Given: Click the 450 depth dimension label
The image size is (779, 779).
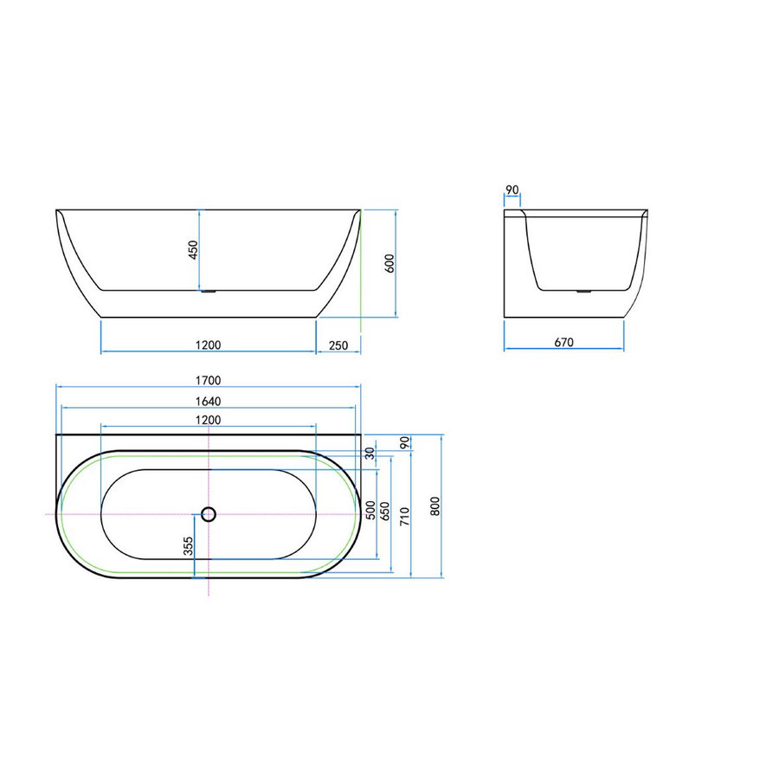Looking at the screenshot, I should coord(194,249).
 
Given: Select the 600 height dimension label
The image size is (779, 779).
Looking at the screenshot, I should coord(389,263).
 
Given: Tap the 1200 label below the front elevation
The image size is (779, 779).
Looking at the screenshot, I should coord(209,344).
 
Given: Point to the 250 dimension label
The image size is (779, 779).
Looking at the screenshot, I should coord(338,345).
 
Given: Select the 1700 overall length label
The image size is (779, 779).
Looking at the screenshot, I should coord(209,380).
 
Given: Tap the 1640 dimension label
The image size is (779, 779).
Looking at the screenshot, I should coord(209,401).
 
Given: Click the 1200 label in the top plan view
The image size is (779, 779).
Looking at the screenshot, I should coord(209,419).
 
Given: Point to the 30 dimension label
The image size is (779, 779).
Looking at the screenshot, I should coord(371,453).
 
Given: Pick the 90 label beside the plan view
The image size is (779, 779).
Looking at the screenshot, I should coord(403,442).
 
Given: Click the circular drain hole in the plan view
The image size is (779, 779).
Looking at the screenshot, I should coord(208,514).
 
